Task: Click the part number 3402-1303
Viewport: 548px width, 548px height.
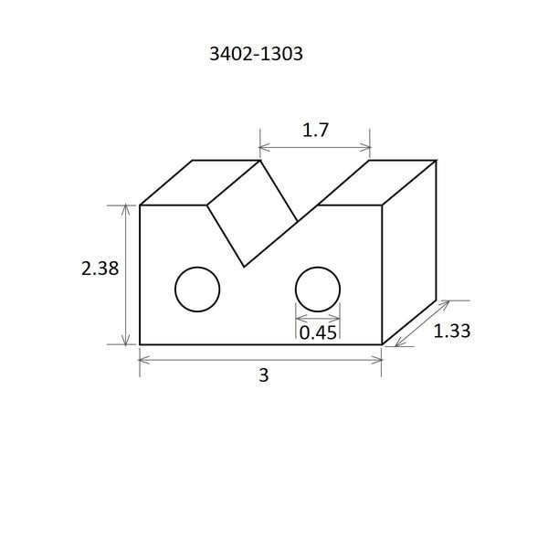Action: click(x=256, y=54)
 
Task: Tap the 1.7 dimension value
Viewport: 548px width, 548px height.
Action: click(x=315, y=130)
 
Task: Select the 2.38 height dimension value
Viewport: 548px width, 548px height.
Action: click(x=100, y=269)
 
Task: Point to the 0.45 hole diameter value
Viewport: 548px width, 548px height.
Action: click(x=318, y=332)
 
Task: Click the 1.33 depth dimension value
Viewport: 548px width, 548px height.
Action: click(x=451, y=331)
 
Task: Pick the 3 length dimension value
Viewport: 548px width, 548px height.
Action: click(x=264, y=375)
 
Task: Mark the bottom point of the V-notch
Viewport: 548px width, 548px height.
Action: click(x=244, y=267)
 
